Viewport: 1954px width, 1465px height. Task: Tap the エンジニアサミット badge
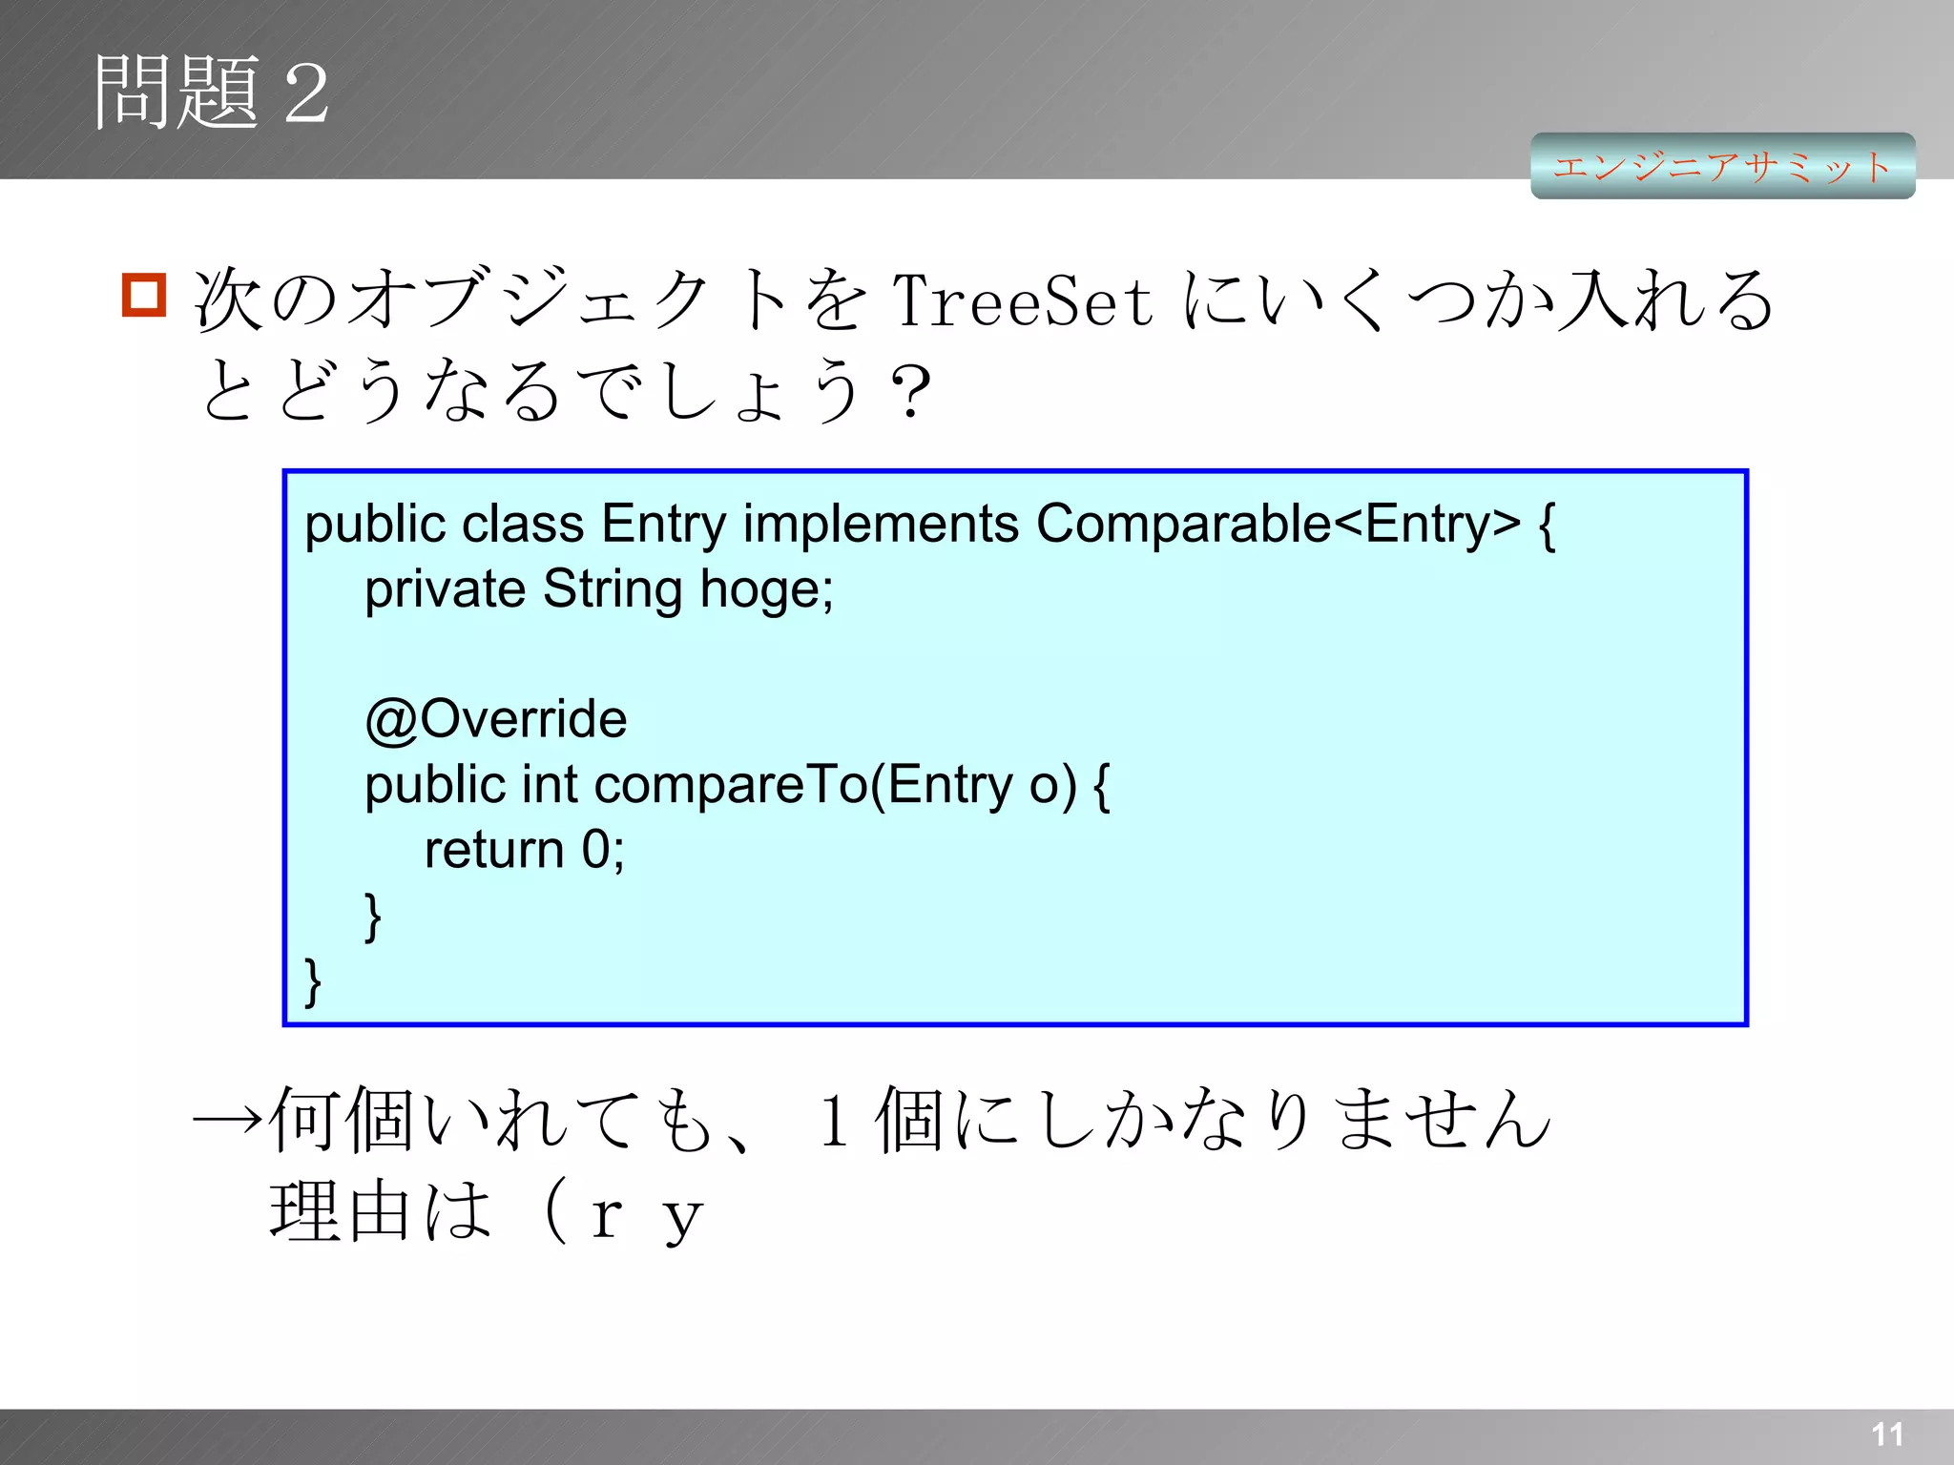1722,166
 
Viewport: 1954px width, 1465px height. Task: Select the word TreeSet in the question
1022,300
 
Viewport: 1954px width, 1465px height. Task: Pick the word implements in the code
881,524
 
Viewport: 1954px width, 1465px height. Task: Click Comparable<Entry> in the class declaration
1278,524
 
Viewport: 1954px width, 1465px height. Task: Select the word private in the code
445,589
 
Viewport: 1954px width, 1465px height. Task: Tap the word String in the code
612,589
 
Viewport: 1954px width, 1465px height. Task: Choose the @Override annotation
496,719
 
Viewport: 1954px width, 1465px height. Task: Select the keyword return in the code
494,850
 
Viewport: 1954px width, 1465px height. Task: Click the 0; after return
603,850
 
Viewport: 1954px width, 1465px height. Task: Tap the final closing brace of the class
312,981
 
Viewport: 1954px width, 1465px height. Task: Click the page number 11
1887,1434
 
